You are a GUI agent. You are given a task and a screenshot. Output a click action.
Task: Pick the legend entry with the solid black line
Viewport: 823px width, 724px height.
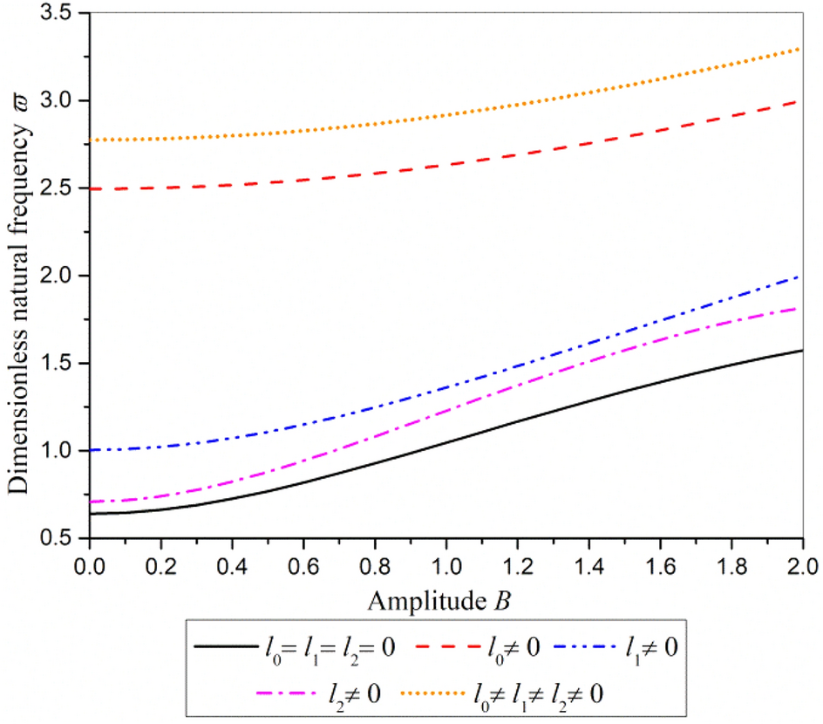coord(296,647)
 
